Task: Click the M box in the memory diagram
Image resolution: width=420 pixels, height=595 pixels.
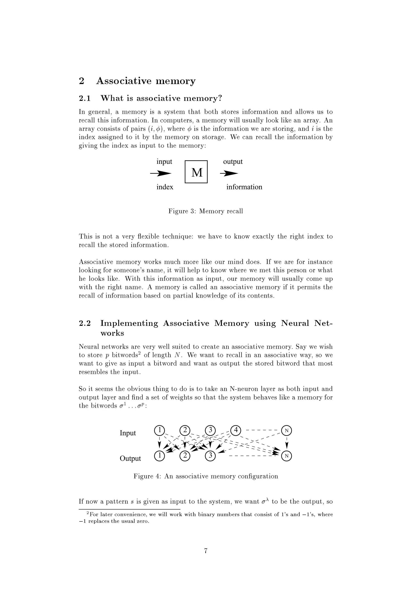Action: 196,172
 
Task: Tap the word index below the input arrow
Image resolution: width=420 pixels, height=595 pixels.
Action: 165,187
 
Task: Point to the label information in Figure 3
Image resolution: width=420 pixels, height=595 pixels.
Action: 244,187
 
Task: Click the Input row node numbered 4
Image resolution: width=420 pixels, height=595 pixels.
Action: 235,430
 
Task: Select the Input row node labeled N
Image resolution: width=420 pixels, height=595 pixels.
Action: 286,431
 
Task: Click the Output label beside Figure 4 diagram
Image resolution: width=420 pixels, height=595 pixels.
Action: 130,458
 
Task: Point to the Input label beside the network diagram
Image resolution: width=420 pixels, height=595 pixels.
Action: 128,433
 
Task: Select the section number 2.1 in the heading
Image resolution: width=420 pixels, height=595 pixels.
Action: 85,99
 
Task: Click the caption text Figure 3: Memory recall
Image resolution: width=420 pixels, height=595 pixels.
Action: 205,211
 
